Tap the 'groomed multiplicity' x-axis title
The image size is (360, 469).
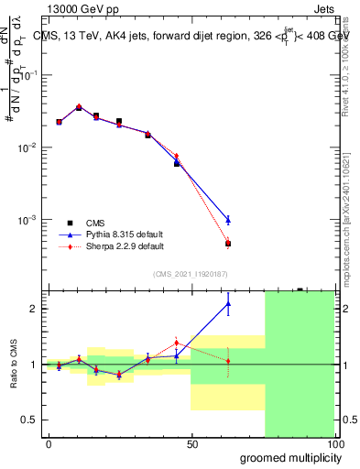tap(287, 457)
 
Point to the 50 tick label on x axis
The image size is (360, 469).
tap(191, 443)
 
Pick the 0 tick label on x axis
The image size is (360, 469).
tap(49, 443)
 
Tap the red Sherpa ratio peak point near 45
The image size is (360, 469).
tap(177, 343)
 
